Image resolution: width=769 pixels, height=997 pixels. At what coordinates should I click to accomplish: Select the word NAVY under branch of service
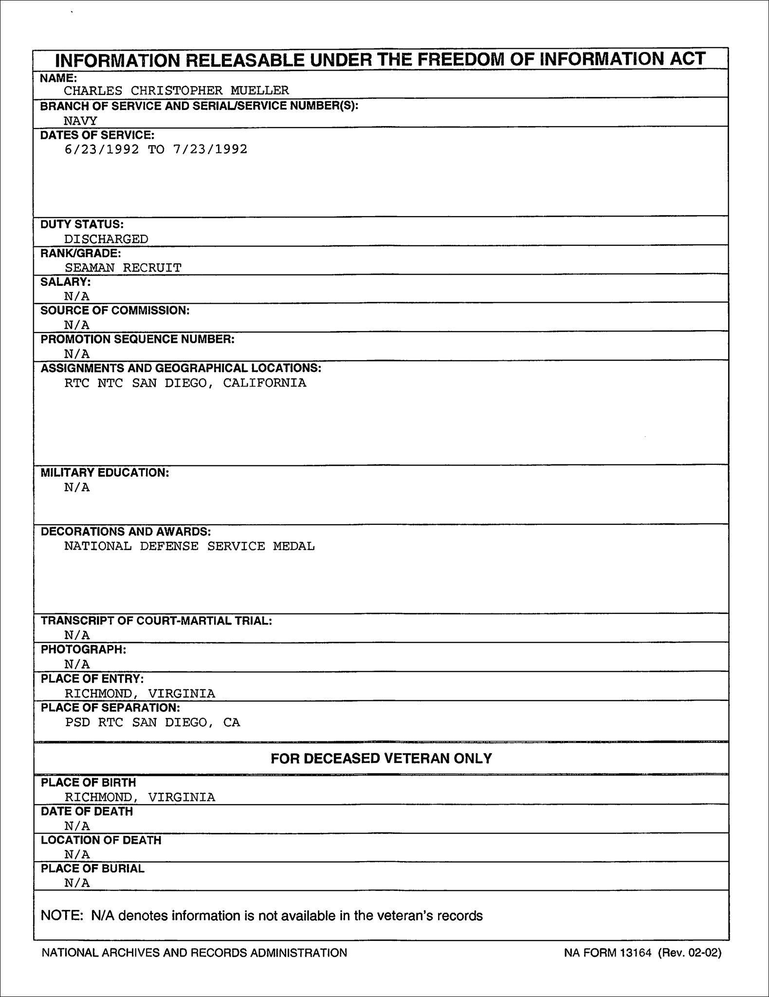pyautogui.click(x=80, y=121)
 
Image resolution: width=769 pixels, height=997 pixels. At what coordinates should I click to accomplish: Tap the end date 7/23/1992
pyautogui.click(x=210, y=149)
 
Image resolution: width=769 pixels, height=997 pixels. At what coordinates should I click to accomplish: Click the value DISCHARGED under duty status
pyautogui.click(x=106, y=239)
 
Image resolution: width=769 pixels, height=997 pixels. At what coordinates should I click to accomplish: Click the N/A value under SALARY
pyautogui.click(x=77, y=296)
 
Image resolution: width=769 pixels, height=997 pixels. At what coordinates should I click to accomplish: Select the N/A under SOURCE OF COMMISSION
pyautogui.click(x=77, y=325)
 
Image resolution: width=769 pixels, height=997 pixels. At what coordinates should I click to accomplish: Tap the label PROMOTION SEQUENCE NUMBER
pyautogui.click(x=137, y=339)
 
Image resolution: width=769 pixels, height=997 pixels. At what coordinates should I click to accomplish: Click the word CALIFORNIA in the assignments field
pyautogui.click(x=265, y=383)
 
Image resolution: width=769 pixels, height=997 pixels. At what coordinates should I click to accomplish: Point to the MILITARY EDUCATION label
pyautogui.click(x=105, y=473)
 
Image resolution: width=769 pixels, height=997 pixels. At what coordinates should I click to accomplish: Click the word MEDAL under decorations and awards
pyautogui.click(x=293, y=546)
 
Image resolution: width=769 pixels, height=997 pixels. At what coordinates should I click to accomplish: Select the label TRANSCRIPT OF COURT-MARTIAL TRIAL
pyautogui.click(x=156, y=621)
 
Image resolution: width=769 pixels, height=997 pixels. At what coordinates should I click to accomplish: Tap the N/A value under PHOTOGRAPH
pyautogui.click(x=77, y=664)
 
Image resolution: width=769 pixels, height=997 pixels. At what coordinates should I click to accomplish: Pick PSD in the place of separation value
pyautogui.click(x=77, y=722)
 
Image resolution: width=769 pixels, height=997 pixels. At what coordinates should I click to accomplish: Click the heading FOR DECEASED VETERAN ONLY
pyautogui.click(x=381, y=758)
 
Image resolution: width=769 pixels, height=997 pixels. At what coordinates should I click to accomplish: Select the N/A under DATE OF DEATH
pyautogui.click(x=77, y=826)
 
